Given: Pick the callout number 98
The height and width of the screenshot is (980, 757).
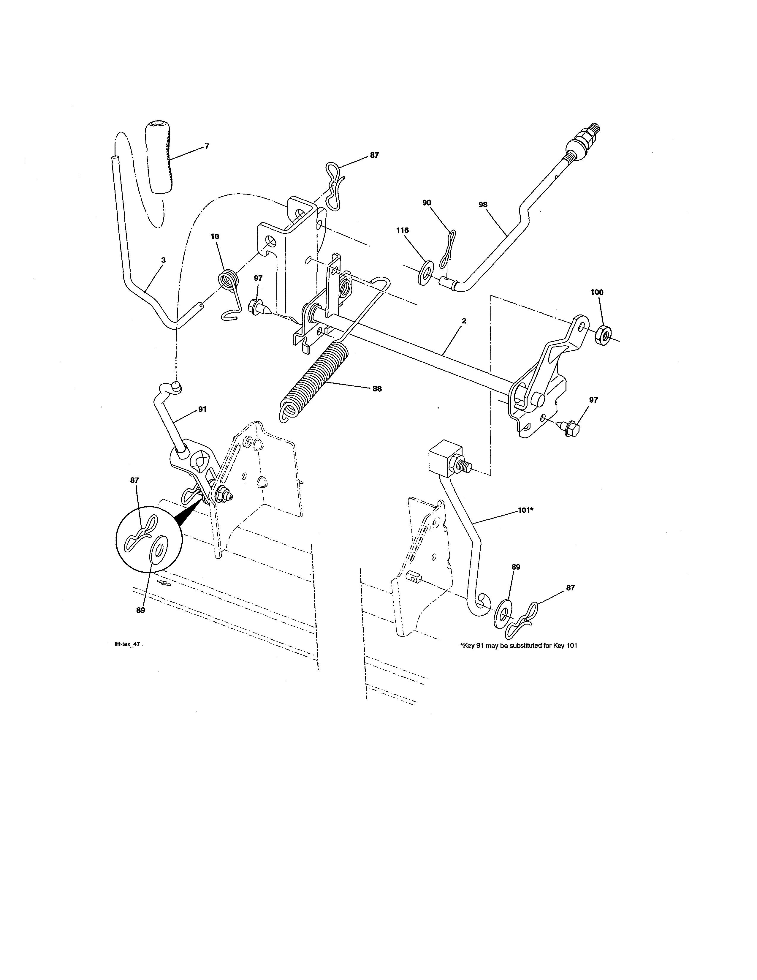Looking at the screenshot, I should pyautogui.click(x=482, y=205).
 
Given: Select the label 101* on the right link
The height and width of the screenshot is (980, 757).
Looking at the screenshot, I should pyautogui.click(x=525, y=510).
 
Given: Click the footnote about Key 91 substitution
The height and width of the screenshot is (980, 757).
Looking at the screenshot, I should pyautogui.click(x=518, y=646).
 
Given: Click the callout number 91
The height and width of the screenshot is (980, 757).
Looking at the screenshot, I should pyautogui.click(x=202, y=409).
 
